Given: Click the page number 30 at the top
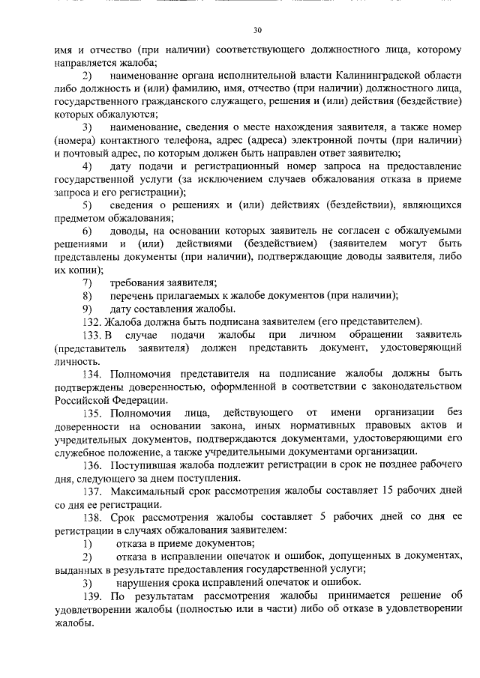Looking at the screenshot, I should click(x=257, y=30).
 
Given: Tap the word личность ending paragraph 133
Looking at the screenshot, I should click(x=76, y=360).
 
